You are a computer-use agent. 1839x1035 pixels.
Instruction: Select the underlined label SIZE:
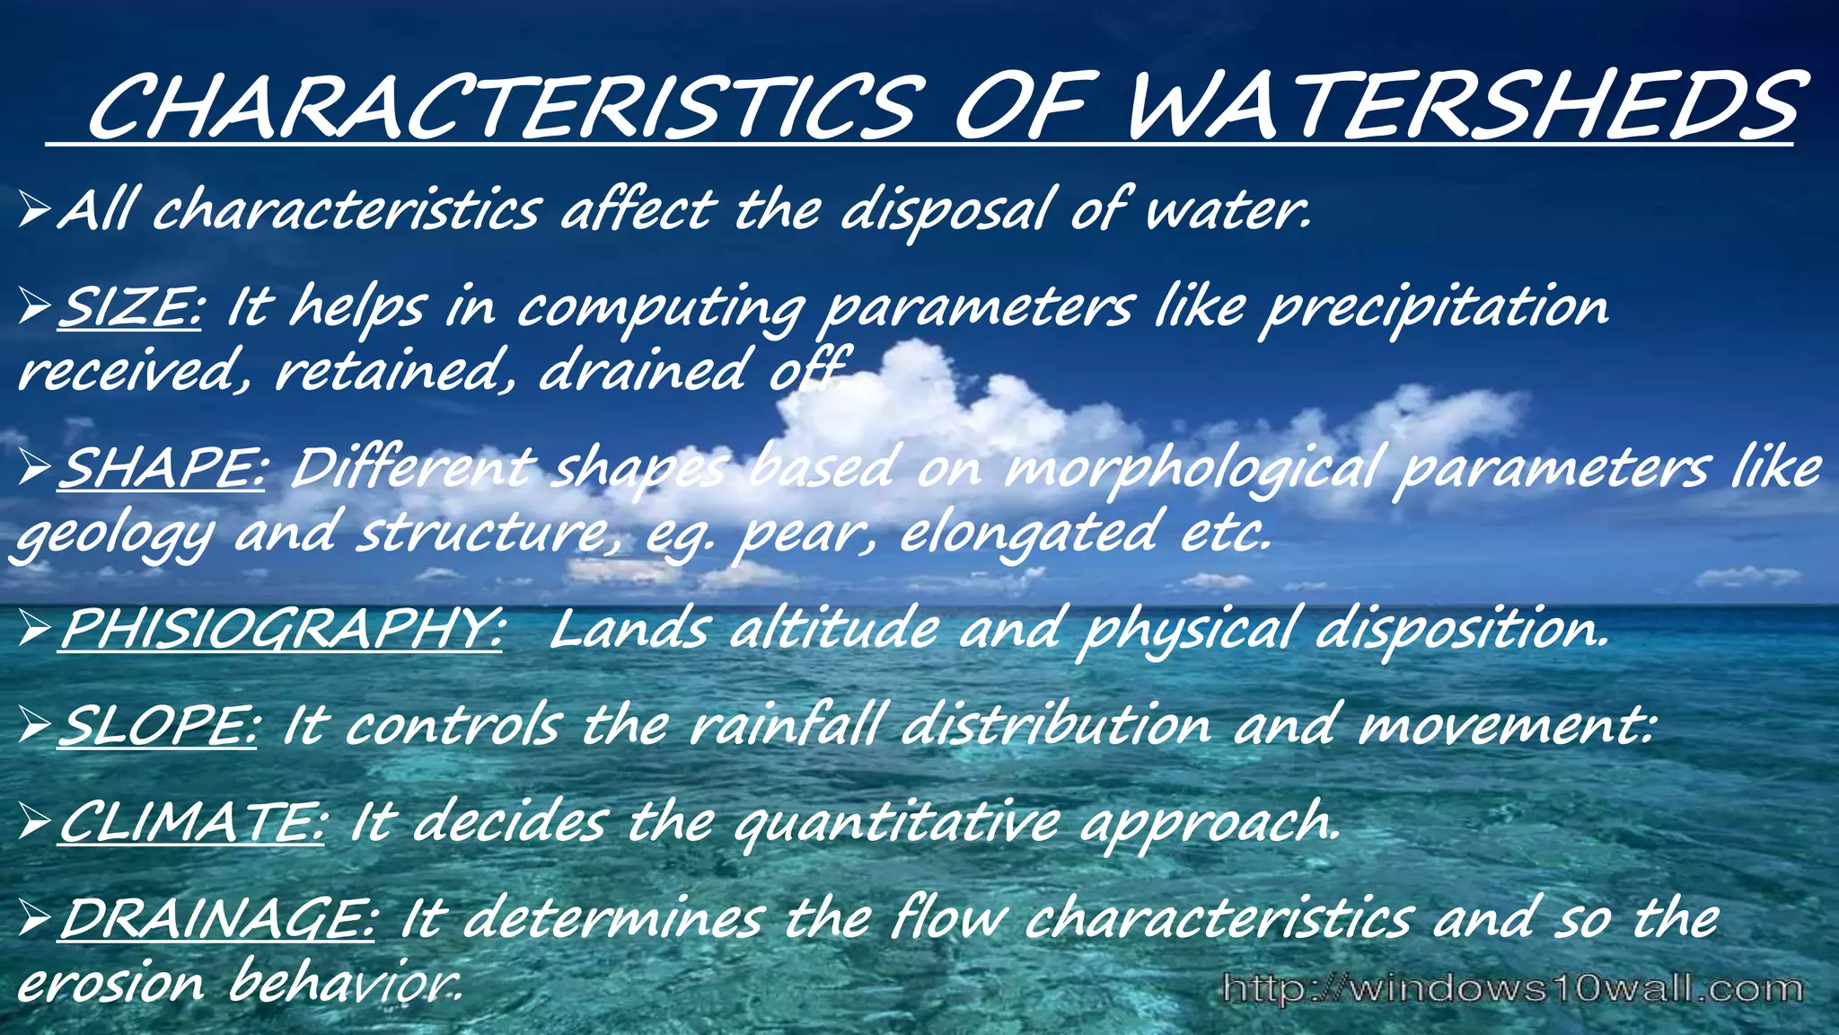click(x=131, y=306)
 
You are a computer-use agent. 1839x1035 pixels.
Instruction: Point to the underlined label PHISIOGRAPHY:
click(x=281, y=628)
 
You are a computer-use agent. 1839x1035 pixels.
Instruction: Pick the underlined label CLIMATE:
click(x=191, y=821)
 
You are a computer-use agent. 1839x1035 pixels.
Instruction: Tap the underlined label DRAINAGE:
click(x=216, y=917)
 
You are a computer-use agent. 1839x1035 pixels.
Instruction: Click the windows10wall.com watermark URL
click(x=1512, y=988)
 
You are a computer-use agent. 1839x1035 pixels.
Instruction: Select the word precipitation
click(x=1434, y=308)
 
